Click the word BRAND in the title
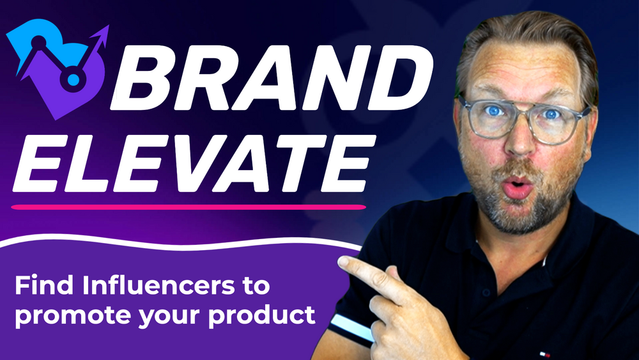[x=272, y=77]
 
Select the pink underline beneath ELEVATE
[x=189, y=207]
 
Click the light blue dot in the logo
[x=73, y=79]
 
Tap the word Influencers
[x=159, y=285]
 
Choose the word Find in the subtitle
[x=45, y=285]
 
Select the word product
[x=261, y=315]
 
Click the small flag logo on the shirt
[x=544, y=354]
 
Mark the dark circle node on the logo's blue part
[x=38, y=42]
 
